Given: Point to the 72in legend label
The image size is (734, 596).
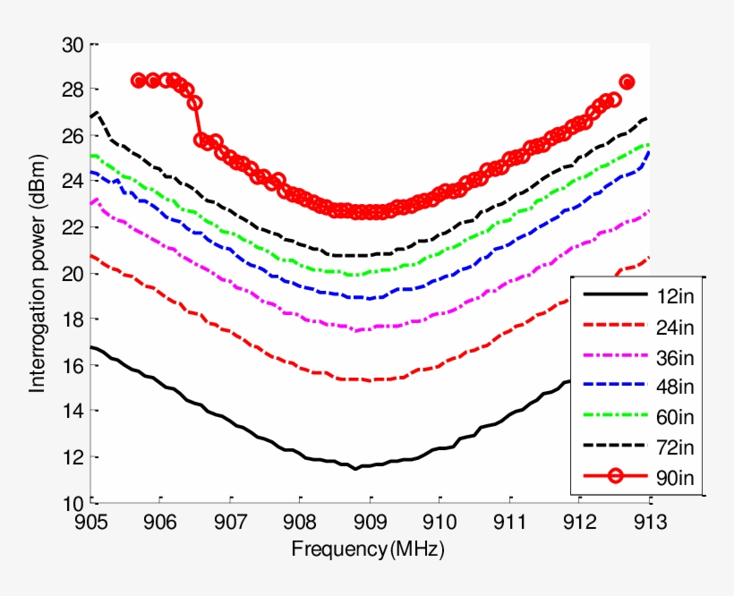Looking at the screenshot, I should [x=673, y=446].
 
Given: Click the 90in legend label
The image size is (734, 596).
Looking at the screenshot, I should [x=673, y=476].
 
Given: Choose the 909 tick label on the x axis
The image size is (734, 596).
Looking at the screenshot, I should [x=370, y=523].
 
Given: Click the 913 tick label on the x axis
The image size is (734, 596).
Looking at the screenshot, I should [x=650, y=523].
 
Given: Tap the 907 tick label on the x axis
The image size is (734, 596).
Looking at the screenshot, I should [x=230, y=523].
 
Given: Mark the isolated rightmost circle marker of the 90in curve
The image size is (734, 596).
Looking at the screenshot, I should [x=627, y=82].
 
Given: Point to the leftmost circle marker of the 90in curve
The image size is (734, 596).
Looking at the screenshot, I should [x=138, y=81].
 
